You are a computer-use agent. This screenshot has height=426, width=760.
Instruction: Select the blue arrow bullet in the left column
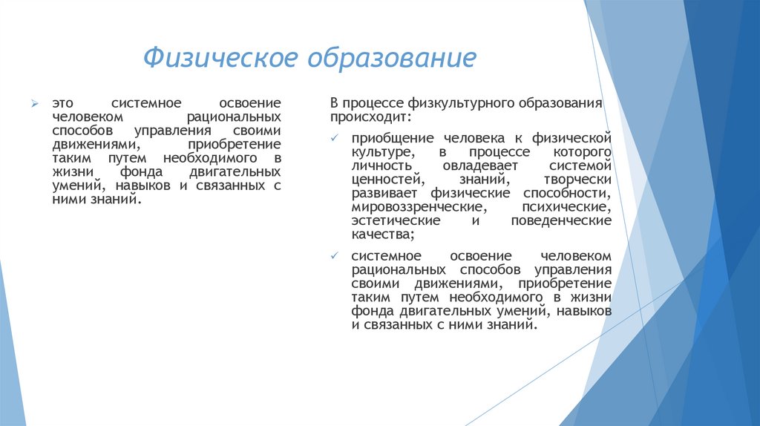pyautogui.click(x=34, y=103)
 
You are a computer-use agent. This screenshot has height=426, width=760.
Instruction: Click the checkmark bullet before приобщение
pyautogui.click(x=335, y=138)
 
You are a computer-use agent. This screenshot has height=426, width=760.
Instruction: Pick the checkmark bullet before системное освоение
pyautogui.click(x=335, y=255)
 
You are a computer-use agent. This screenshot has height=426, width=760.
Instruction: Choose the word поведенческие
pyautogui.click(x=562, y=221)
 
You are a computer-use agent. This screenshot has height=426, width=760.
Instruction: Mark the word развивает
pyautogui.click(x=387, y=194)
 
